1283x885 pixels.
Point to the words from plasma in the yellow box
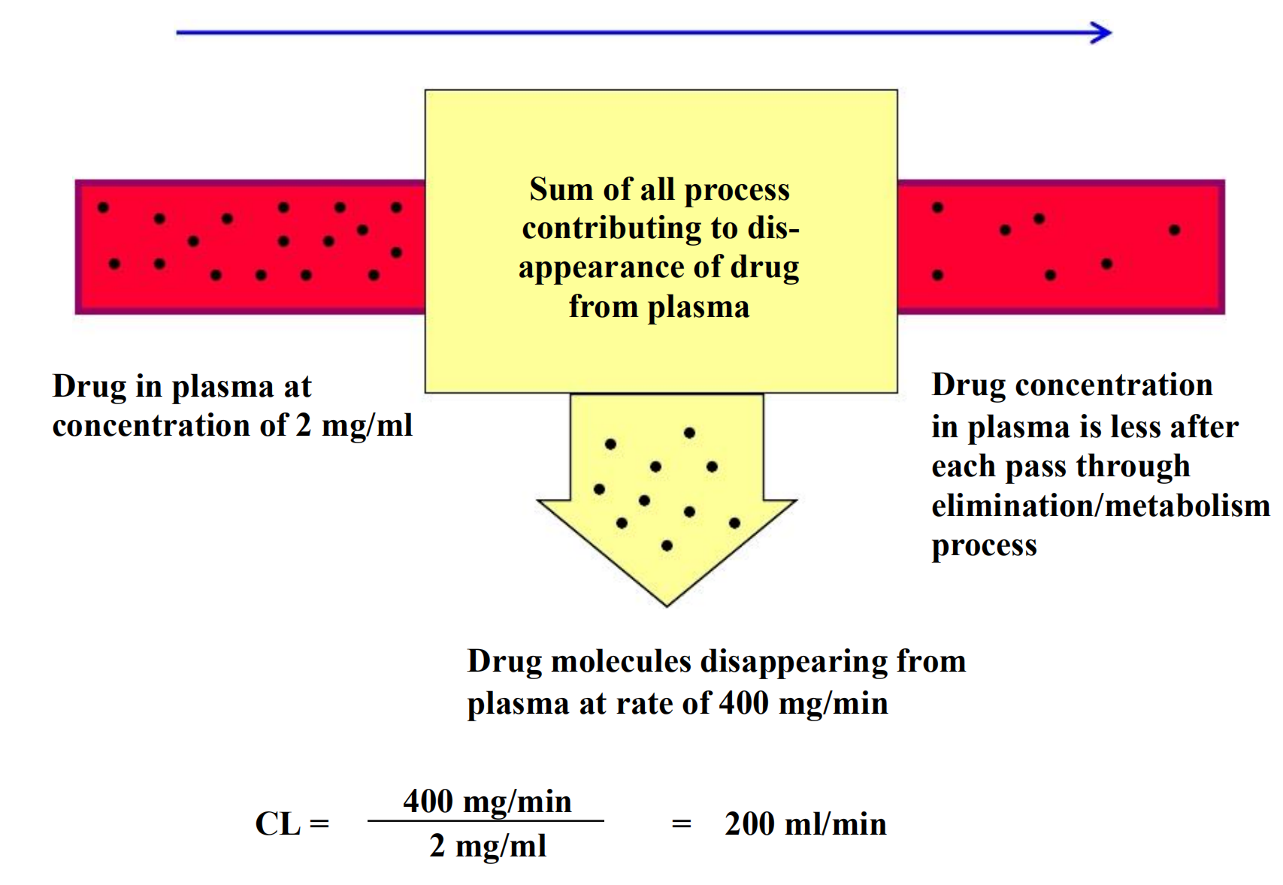coord(658,307)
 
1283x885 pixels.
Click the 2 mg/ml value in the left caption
coord(354,426)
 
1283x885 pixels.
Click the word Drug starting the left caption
coord(89,386)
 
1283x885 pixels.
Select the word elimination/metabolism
coord(1100,506)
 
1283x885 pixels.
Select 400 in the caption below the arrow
coord(743,703)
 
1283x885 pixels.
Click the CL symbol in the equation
coord(278,824)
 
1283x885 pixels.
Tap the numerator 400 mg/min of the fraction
coord(488,802)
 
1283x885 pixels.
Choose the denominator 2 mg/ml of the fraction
coord(488,846)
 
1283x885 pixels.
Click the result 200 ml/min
coord(805,824)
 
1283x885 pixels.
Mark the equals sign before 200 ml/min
coord(681,825)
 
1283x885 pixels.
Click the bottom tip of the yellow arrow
coord(667,606)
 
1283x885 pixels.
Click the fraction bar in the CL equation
coord(486,821)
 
